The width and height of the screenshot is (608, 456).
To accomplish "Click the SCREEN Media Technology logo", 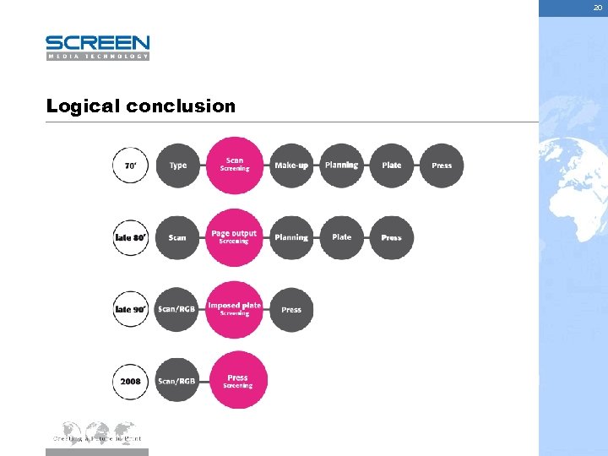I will click(97, 47).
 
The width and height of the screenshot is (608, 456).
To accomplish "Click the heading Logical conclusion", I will click(141, 106).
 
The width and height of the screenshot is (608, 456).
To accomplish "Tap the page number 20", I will click(597, 7).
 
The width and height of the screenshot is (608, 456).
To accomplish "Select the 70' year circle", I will click(130, 166).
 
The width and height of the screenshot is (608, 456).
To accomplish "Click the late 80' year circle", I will click(130, 237).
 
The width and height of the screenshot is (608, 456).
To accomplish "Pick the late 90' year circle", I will click(130, 310).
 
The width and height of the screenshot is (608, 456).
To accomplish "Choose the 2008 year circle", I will click(130, 382).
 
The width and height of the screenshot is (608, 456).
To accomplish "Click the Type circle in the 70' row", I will click(177, 166).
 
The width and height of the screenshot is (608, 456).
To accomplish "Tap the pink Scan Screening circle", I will click(235, 165).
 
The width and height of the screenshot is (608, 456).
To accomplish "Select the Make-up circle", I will click(291, 166).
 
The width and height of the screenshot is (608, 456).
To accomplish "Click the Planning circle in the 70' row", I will click(341, 166).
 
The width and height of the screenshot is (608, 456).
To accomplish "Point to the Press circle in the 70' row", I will click(442, 166).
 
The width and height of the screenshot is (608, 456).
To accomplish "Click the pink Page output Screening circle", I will click(235, 237).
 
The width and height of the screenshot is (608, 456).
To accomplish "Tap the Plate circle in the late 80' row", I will click(341, 237).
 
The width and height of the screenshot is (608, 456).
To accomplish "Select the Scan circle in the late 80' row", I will click(177, 237).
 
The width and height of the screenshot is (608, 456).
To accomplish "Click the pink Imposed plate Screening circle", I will click(235, 309).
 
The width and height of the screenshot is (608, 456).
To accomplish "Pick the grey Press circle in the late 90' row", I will click(291, 310).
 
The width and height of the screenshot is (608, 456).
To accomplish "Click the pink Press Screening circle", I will click(237, 381).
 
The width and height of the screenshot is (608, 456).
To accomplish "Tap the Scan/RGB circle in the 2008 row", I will click(176, 382).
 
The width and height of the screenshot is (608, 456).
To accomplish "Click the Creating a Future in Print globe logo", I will click(97, 432).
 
